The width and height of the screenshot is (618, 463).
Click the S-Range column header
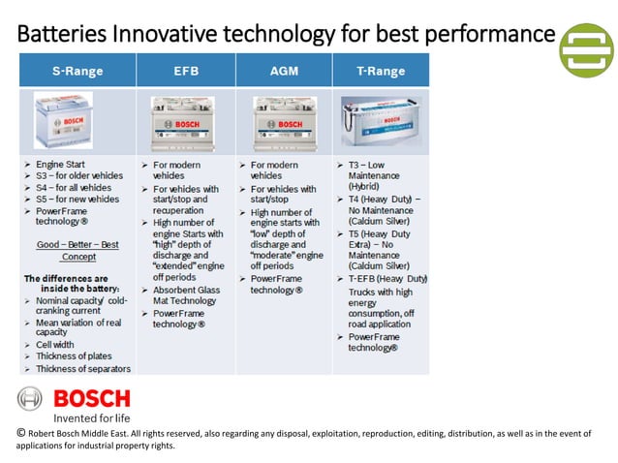pos(78,72)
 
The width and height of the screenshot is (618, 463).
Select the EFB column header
pos(186,72)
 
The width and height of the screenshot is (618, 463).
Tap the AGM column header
pos(283,72)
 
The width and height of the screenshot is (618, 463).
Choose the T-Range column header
pos(381,72)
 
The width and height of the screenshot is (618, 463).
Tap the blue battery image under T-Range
pos(381,120)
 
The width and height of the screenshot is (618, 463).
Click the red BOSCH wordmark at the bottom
pos(91,399)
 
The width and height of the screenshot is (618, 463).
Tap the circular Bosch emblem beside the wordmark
pos(31,399)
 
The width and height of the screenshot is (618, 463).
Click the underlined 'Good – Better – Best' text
pos(77,245)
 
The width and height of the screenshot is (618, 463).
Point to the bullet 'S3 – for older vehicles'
pos(80,176)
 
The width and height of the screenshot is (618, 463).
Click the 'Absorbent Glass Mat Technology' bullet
pos(188,295)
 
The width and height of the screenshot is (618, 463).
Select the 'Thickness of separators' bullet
pos(82,369)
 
